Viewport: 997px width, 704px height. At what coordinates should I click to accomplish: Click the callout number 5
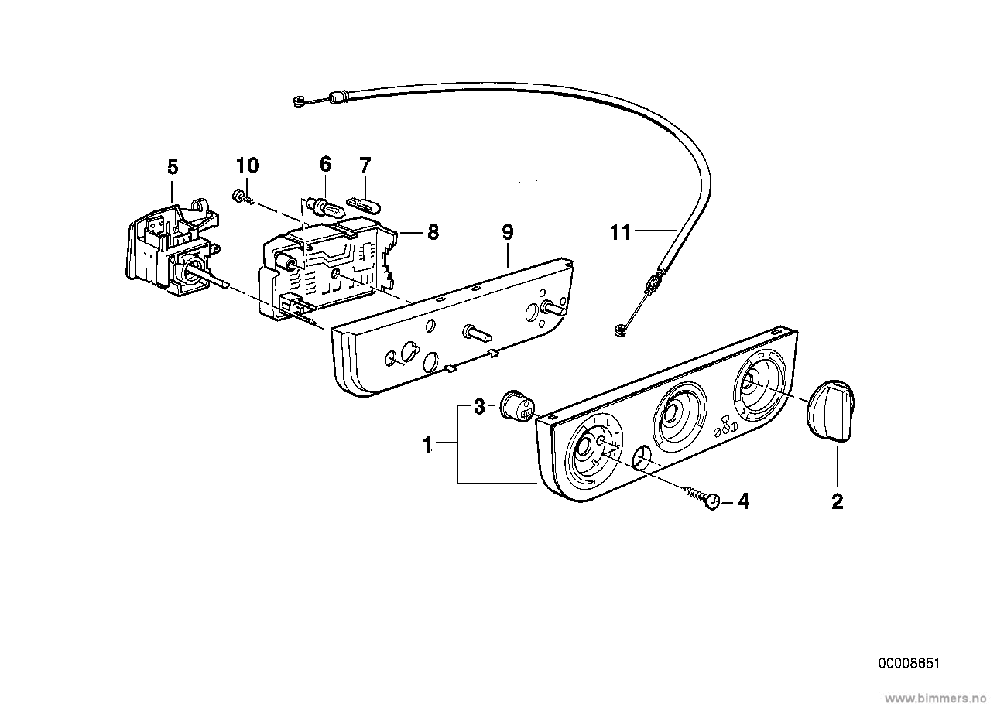point(172,166)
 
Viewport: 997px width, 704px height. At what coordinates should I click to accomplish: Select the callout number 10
point(248,166)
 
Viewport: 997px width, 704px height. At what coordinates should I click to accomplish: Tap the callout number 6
point(325,164)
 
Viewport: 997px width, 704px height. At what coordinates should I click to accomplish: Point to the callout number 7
point(365,164)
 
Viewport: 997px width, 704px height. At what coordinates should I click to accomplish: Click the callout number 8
point(432,231)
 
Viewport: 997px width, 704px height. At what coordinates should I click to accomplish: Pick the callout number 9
point(507,231)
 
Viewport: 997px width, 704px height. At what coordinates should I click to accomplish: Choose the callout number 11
point(621,231)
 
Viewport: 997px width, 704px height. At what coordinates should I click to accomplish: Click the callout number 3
point(479,406)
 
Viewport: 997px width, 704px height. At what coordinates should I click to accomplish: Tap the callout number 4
point(743,502)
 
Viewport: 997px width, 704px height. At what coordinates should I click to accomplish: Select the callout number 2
point(837,502)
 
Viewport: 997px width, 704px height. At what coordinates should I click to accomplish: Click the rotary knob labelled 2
point(830,408)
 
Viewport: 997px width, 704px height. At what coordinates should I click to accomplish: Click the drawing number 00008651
point(909,664)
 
